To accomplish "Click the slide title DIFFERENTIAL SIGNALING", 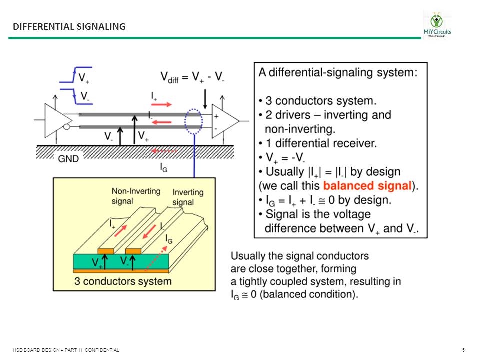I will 69,26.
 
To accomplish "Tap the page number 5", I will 464,350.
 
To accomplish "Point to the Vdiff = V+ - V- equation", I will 192,77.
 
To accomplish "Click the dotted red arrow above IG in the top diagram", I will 165,150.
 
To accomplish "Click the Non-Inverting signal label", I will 129,196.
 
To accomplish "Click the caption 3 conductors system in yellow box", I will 123,281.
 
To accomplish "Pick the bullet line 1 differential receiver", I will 317,144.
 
